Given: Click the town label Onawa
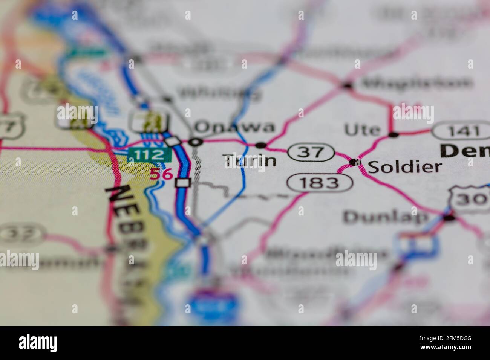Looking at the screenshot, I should [235, 127].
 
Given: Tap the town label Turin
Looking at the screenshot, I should [250, 161].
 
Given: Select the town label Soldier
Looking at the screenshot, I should [404, 167].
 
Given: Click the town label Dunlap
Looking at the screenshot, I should [386, 217].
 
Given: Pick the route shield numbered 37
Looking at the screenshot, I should [311, 152].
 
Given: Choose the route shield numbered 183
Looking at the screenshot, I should [320, 183].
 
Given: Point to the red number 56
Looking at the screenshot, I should [161, 174].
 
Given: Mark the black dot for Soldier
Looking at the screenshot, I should [354, 162].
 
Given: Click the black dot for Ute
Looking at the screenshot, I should [394, 134].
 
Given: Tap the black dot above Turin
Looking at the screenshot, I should [261, 145].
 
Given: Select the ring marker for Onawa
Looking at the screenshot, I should [195, 142].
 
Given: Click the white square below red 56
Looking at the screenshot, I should [183, 183].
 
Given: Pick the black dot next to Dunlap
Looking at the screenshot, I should [449, 217].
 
